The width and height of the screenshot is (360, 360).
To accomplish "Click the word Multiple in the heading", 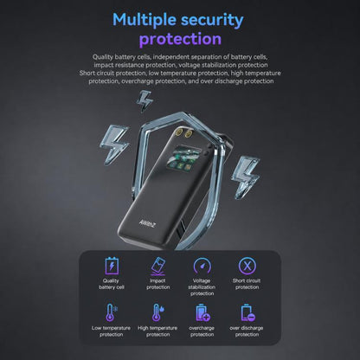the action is [x=145, y=21].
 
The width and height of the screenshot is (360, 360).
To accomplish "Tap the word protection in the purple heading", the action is [x=180, y=39].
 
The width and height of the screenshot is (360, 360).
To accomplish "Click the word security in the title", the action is [x=212, y=21].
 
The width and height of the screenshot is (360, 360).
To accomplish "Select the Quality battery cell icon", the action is [x=112, y=266].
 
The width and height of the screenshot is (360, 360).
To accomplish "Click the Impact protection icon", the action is [x=157, y=267].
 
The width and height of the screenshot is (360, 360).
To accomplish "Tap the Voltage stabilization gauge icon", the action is [x=202, y=266].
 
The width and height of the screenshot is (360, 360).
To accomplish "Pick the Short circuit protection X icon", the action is [x=247, y=266].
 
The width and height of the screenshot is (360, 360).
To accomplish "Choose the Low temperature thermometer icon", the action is [x=111, y=312].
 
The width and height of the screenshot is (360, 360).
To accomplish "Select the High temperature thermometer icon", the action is [x=157, y=312].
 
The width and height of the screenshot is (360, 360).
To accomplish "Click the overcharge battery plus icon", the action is [x=202, y=312].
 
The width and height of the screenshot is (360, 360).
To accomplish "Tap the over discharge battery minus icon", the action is [x=247, y=312].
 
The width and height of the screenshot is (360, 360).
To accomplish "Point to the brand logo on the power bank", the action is [x=147, y=223].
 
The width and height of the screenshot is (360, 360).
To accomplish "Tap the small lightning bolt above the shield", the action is [x=145, y=101].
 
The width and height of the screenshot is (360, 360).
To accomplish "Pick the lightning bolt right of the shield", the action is [x=245, y=177].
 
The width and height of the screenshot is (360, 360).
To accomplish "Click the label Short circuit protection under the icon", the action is [x=247, y=284].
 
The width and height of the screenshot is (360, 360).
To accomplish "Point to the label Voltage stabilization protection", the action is [x=202, y=287].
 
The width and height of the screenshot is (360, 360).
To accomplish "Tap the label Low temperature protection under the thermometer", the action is [x=111, y=331].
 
